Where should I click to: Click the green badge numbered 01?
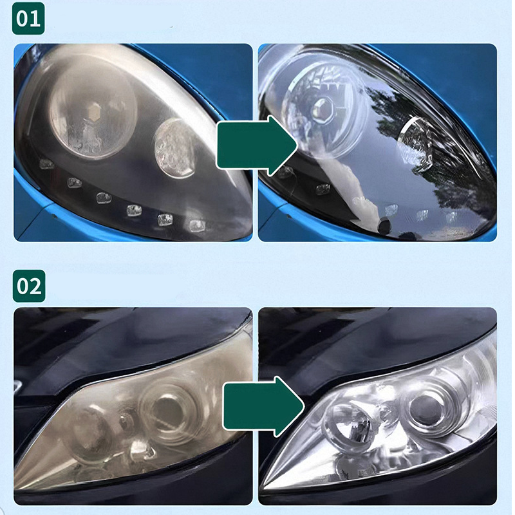click(28, 19)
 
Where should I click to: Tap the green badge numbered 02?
click(29, 286)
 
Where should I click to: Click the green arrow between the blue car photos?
click(257, 145)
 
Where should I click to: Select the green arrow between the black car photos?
click(265, 406)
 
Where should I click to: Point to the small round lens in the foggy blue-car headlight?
click(175, 148)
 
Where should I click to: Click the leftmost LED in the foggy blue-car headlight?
click(46, 164)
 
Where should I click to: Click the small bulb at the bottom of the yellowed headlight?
click(142, 451)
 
